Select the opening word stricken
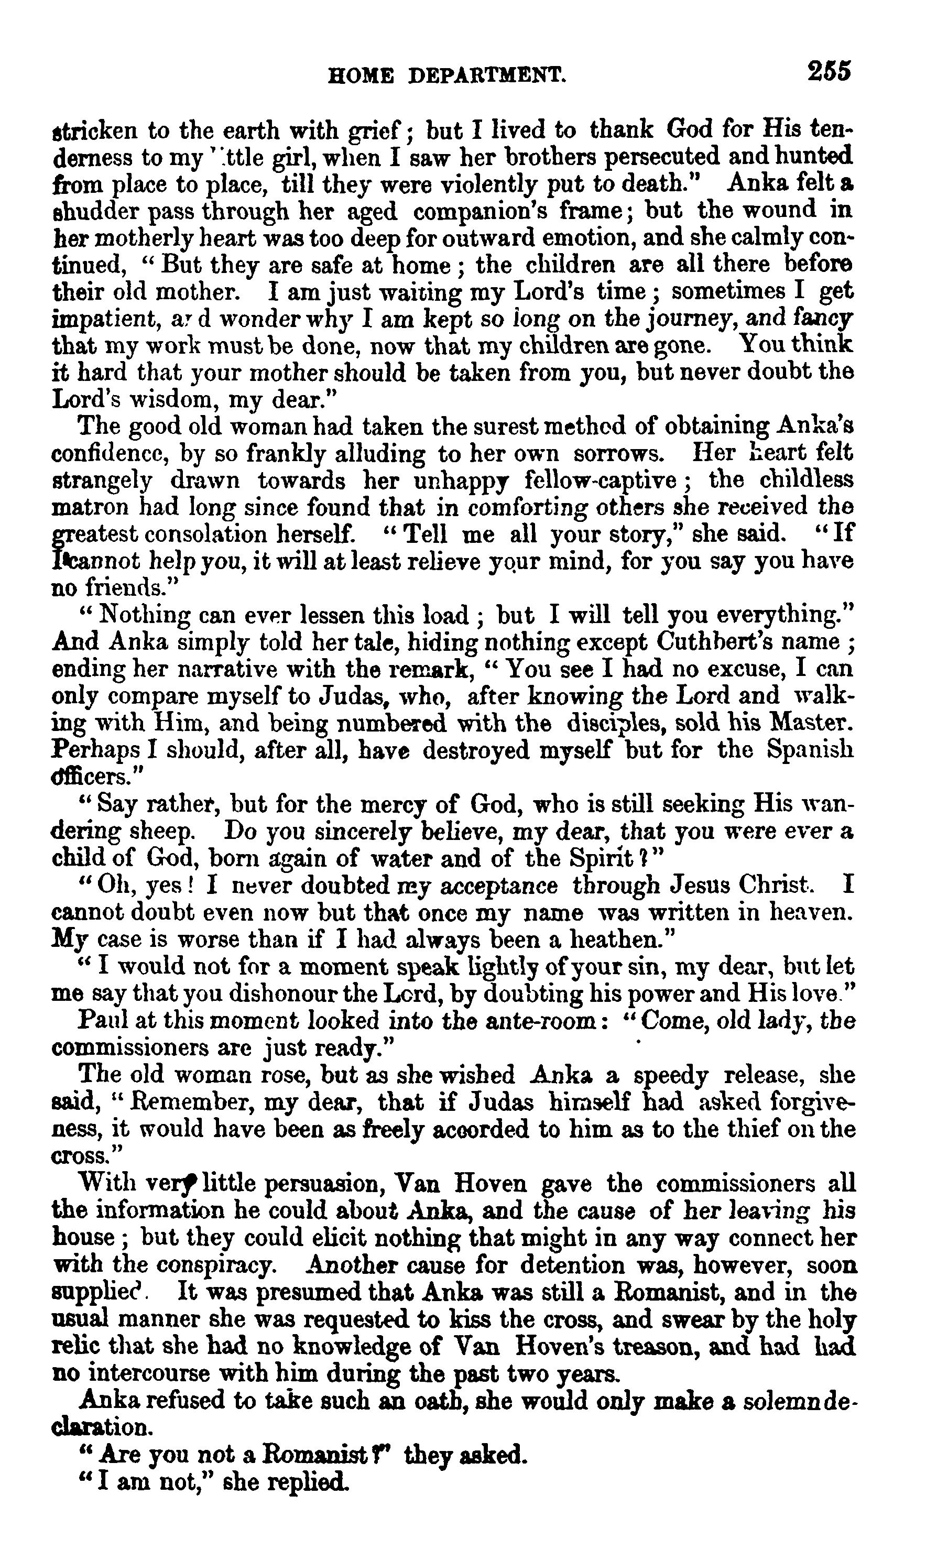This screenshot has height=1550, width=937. coord(94,131)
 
